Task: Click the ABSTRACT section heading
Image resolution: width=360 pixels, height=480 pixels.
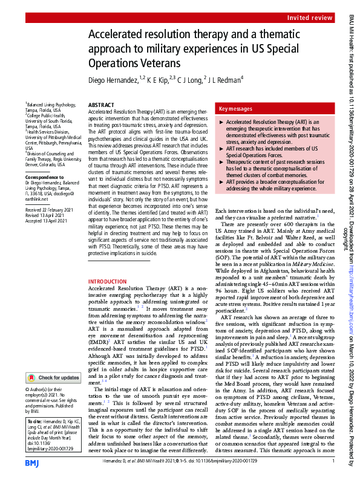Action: tap(102, 105)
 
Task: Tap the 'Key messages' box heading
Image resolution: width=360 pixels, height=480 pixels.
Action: tap(236, 109)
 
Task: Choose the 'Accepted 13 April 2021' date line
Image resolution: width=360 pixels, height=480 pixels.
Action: tap(49, 221)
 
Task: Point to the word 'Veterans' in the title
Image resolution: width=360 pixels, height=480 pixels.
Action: tap(161, 63)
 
